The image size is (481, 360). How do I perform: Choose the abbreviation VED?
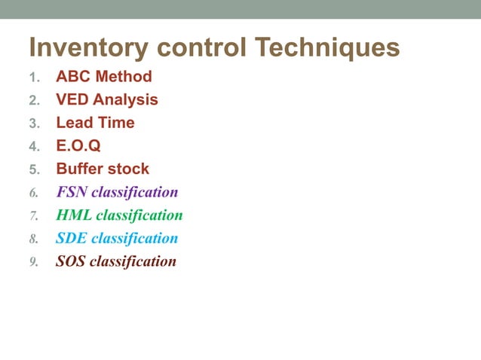[72, 99]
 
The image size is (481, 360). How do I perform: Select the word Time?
[116, 123]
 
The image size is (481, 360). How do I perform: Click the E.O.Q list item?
[78, 145]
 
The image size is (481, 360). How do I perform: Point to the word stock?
[127, 169]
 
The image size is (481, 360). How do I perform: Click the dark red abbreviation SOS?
[71, 262]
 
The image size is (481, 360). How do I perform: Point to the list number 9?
[33, 263]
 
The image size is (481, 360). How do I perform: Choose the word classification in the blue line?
[135, 239]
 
